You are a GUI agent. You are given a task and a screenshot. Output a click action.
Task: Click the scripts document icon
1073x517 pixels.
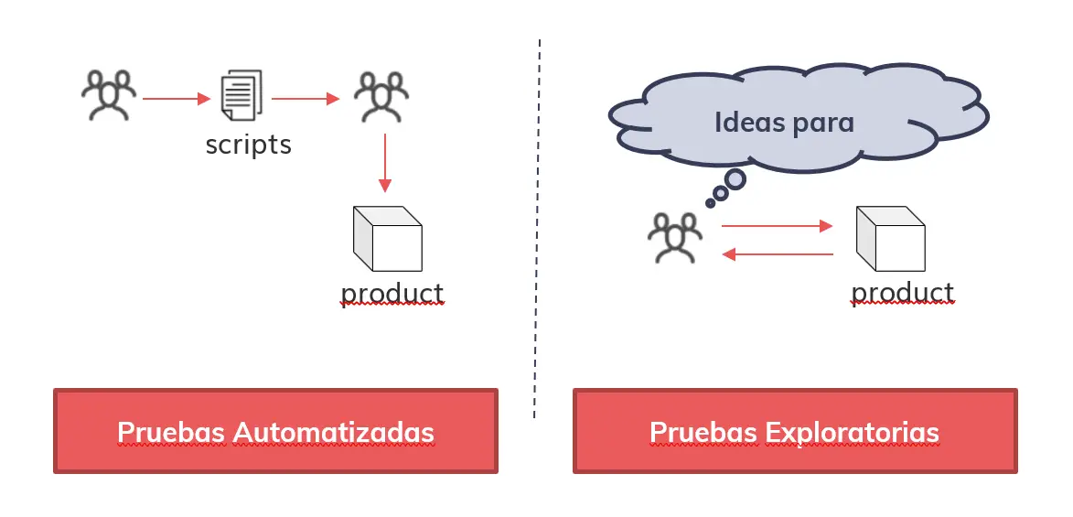tap(242, 95)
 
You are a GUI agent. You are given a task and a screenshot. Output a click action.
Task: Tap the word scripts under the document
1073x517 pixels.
tap(249, 145)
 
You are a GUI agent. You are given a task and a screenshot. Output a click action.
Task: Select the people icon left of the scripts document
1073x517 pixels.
tap(110, 95)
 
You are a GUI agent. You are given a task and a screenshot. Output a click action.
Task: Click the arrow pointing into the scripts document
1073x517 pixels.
tap(177, 98)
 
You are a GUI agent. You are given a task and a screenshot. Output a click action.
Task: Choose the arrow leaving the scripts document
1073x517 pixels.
tap(306, 98)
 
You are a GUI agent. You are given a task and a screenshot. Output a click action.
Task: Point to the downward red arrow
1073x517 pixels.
tap(385, 163)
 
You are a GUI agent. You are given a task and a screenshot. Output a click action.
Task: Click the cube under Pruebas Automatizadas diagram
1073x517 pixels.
tap(387, 239)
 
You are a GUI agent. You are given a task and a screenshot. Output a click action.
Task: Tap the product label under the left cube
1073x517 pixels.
tap(392, 294)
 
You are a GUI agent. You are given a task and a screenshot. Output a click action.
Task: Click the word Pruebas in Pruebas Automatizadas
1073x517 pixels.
tap(171, 432)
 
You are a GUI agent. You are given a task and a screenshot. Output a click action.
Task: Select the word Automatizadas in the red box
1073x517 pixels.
tap(334, 432)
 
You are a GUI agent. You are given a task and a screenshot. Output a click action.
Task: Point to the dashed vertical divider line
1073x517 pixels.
tap(538, 229)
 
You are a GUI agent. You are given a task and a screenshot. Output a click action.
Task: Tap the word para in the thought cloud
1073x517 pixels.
tap(824, 123)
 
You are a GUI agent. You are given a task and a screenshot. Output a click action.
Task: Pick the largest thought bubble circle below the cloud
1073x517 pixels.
tap(735, 180)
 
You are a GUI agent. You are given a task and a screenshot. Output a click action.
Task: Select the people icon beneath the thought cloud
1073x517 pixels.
tap(675, 238)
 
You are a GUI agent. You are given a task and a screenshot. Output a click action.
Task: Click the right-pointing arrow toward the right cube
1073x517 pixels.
tap(777, 225)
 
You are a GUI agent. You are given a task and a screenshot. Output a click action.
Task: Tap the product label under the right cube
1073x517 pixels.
tap(903, 293)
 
